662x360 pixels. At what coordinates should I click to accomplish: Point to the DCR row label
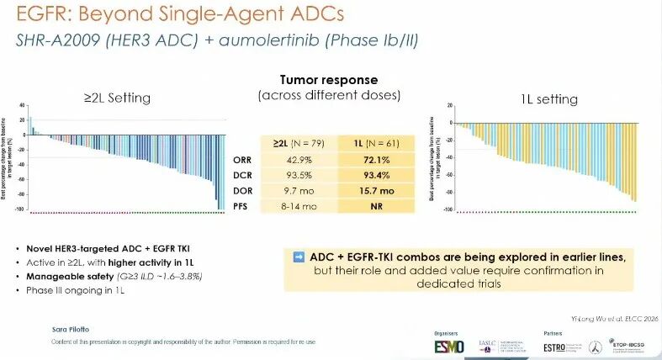tap(241, 176)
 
